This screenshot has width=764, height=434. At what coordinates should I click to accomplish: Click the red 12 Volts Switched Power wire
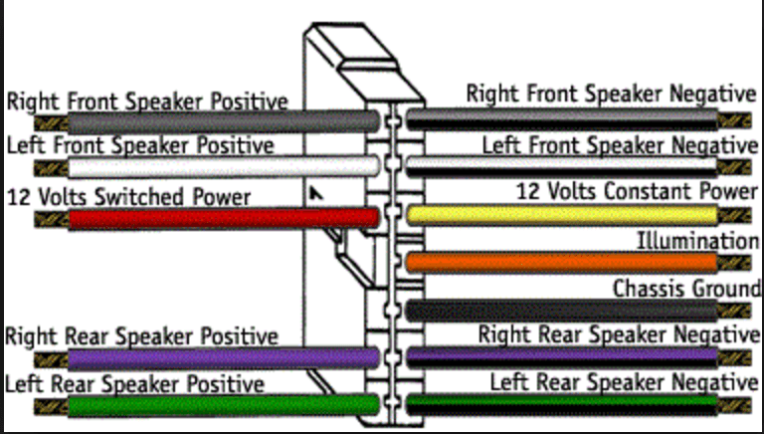[x=219, y=218]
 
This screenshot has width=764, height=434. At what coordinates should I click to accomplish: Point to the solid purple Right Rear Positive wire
[x=219, y=358]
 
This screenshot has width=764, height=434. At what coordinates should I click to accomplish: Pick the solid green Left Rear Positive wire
[x=219, y=404]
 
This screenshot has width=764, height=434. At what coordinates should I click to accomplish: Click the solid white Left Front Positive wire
[x=219, y=166]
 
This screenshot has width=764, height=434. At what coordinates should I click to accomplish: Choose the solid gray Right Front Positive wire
[x=219, y=121]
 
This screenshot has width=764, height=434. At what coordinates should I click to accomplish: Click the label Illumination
[x=697, y=241]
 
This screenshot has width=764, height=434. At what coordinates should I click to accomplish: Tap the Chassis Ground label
[x=685, y=289]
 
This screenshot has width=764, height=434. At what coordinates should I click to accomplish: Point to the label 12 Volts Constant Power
[x=637, y=189]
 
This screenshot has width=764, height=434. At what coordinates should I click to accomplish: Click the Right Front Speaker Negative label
[x=611, y=95]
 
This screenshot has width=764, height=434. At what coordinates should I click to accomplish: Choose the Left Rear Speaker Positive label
[x=135, y=383]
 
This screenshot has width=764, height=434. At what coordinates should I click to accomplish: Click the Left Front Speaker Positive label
[x=139, y=145]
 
